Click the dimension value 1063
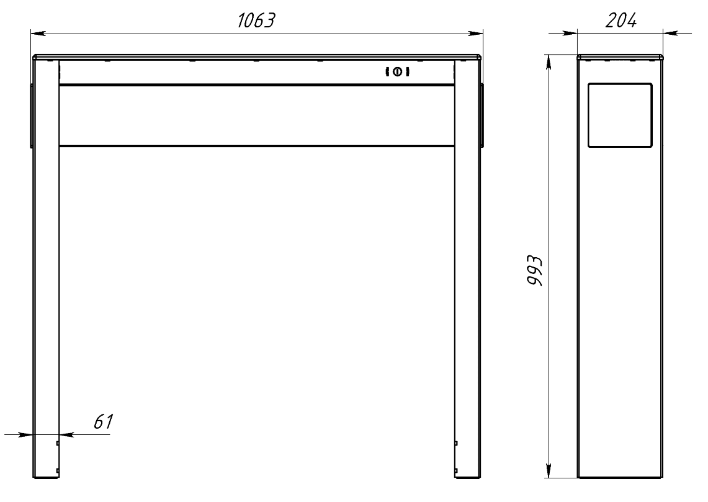tap(256, 20)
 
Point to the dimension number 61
tap(103, 422)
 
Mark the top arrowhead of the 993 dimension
tap(548, 60)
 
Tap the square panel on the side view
tap(619, 116)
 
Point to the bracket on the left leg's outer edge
tap(31, 116)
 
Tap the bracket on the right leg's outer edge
tap(482, 116)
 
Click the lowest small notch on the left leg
tap(58, 470)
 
